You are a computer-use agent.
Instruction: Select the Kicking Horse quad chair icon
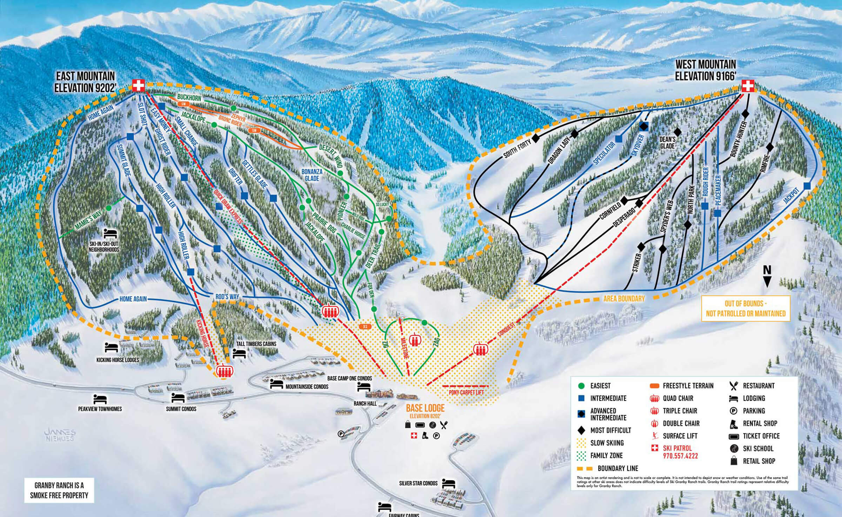pos(223,371)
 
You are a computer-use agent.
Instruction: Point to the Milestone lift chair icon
pos(415,339)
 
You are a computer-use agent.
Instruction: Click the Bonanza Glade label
pos(312,175)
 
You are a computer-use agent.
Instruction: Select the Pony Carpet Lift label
pos(466,392)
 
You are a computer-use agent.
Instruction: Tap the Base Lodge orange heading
pos(425,408)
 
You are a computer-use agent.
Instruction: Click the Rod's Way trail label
pos(227,297)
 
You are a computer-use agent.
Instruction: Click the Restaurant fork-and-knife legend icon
pos(734,386)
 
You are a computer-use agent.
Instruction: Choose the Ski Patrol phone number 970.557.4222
pos(680,456)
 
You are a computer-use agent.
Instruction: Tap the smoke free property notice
pos(59,490)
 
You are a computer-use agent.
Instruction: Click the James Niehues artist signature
pos(60,435)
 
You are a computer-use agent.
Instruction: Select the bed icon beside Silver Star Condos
pos(449,483)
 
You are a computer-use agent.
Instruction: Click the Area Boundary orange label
pos(624,299)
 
